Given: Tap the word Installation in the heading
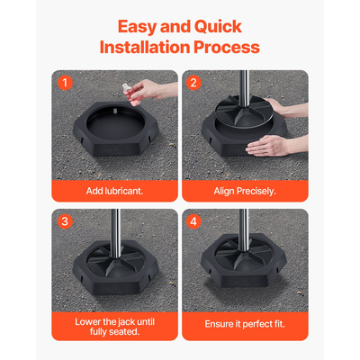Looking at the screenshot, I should pos(147,47).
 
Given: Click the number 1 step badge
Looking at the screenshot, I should pos(64,84).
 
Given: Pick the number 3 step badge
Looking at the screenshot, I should pos(64,221).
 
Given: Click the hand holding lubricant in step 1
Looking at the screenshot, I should pos(148,90).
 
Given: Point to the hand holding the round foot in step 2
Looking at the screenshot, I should pos(283,107).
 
